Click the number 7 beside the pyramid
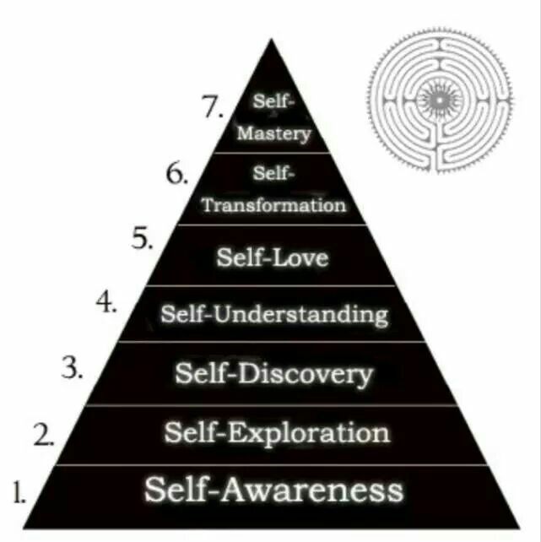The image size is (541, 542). pos(212,107)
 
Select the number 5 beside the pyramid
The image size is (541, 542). pos(142,239)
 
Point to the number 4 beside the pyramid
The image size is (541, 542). pos(106,302)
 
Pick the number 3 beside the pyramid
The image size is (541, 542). pos(72,366)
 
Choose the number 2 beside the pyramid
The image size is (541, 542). pos(44,435)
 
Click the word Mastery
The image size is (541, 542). pos(273,133)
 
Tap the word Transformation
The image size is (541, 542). pos(273,204)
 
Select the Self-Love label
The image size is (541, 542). pos(272,257)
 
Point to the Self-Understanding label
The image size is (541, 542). pos(274,315)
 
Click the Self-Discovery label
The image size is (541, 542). pos(273,373)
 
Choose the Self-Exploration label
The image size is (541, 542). pos(277,433)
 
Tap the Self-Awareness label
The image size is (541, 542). pos(273,490)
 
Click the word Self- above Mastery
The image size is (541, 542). pos(273,100)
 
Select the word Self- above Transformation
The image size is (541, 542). pos(273,174)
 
